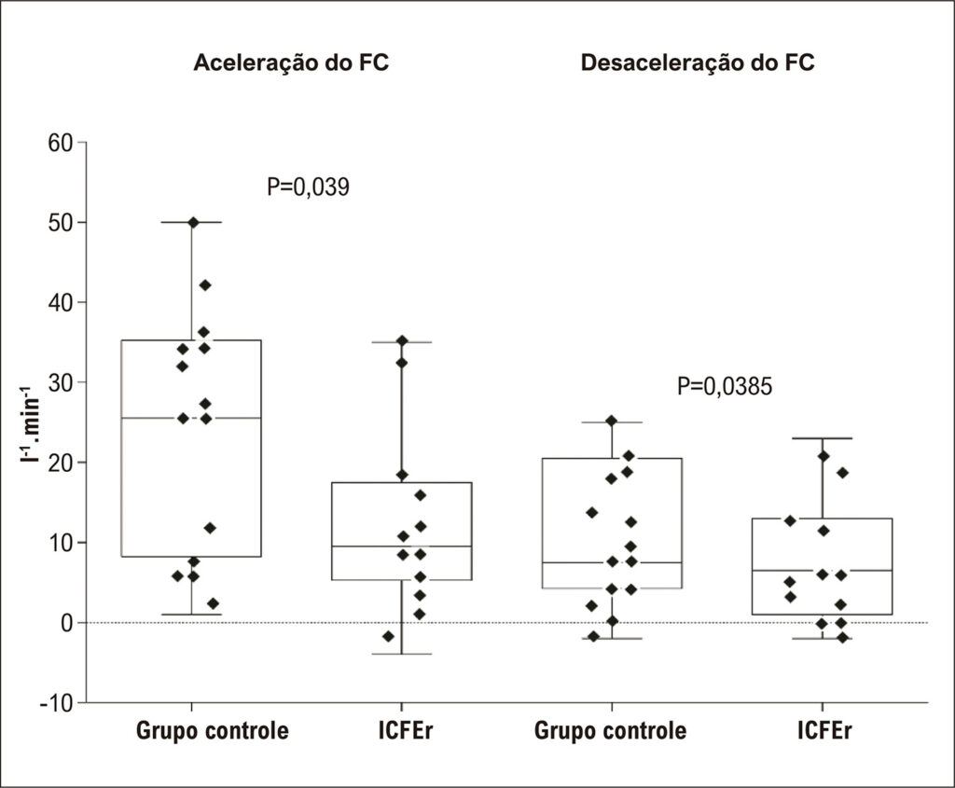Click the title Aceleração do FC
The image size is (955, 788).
(x=291, y=62)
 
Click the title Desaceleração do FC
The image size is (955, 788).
(x=698, y=62)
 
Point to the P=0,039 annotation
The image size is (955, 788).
(x=308, y=187)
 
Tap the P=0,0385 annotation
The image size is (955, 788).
(x=725, y=386)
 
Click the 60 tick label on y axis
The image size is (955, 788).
(x=61, y=143)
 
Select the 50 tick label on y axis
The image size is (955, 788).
(x=61, y=222)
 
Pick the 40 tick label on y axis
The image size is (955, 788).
(x=61, y=302)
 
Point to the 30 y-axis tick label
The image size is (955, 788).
(x=61, y=382)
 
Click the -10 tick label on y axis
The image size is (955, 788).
(x=56, y=703)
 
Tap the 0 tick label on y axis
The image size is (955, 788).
(x=66, y=622)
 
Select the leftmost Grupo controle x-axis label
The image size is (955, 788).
(x=212, y=730)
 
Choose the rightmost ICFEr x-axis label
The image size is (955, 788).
(x=824, y=729)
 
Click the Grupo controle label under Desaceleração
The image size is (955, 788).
(x=610, y=730)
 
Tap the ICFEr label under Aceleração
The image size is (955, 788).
(x=405, y=729)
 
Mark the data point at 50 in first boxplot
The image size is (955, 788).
(x=193, y=222)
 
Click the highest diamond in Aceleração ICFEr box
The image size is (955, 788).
(x=402, y=340)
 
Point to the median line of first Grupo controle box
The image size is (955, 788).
(x=191, y=418)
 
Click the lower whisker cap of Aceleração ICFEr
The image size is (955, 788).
(x=402, y=654)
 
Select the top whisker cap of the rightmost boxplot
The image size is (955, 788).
(x=823, y=438)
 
